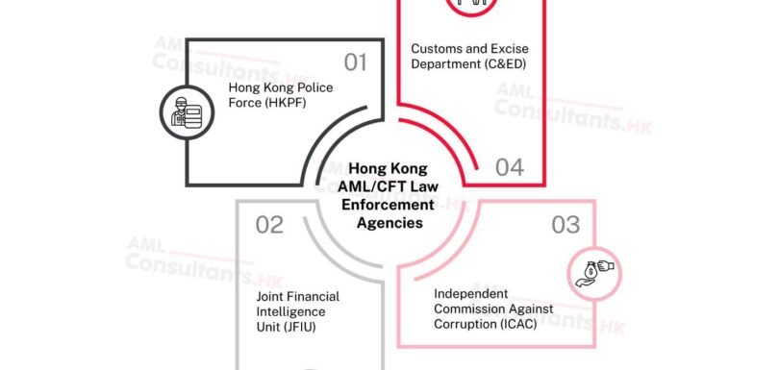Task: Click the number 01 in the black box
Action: coord(356,63)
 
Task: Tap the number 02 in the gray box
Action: coord(269,225)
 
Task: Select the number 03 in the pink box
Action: coord(565,225)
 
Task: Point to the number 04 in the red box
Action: coord(510,167)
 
